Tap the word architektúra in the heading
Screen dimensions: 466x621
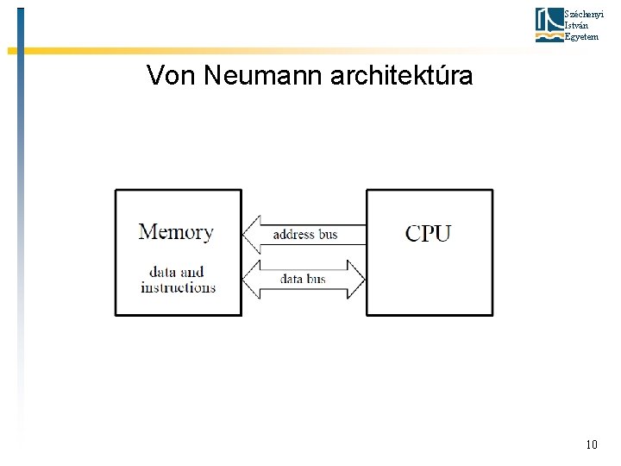[x=401, y=76]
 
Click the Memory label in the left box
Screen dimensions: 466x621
[x=176, y=231]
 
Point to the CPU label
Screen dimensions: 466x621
[x=428, y=232]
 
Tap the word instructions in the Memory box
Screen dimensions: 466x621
[x=178, y=287]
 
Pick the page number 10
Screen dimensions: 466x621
[x=591, y=445]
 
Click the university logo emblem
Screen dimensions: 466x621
[x=549, y=24]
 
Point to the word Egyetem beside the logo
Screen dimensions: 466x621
[x=580, y=36]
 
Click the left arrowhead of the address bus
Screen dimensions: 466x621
[x=252, y=234]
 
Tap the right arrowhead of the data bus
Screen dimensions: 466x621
[x=356, y=279]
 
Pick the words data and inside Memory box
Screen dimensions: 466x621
[x=176, y=273]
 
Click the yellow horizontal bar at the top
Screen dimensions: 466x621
[x=259, y=51]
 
